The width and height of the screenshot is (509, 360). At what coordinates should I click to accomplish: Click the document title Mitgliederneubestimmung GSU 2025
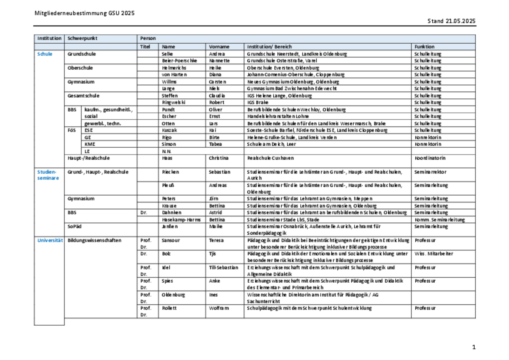pos(84,13)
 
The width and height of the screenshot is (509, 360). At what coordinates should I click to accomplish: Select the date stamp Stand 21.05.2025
pos(451,21)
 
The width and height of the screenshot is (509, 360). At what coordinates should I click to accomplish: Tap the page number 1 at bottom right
pos(473,347)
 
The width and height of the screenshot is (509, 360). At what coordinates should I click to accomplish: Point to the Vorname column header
pos(219,47)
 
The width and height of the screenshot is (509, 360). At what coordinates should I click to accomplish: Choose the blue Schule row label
pos(45,54)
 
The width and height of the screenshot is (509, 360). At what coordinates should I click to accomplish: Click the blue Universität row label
pos(50,240)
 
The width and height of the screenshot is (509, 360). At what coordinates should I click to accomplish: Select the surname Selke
pos(168,54)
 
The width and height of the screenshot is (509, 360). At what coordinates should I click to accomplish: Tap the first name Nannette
pos(220,61)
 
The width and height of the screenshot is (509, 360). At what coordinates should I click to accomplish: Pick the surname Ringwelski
pos(173,102)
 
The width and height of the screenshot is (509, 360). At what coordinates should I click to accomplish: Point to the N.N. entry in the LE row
pos(166,151)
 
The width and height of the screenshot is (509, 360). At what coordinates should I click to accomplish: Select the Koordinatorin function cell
pos(430,158)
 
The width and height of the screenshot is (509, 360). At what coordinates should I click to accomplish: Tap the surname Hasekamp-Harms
pos(181,220)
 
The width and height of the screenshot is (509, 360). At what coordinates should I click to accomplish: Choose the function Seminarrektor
pos(430,172)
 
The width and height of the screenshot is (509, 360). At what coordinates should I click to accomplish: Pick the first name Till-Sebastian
pos(224,267)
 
